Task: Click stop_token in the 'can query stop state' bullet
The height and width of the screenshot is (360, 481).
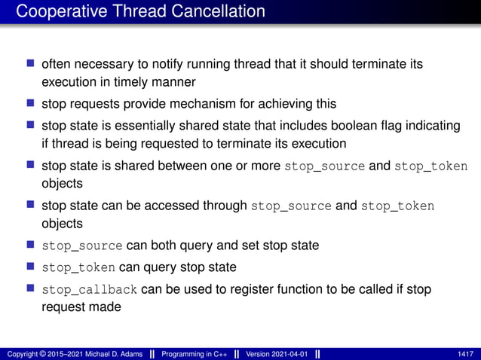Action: coord(78,267)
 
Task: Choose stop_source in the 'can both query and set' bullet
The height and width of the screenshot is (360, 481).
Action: coord(82,245)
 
